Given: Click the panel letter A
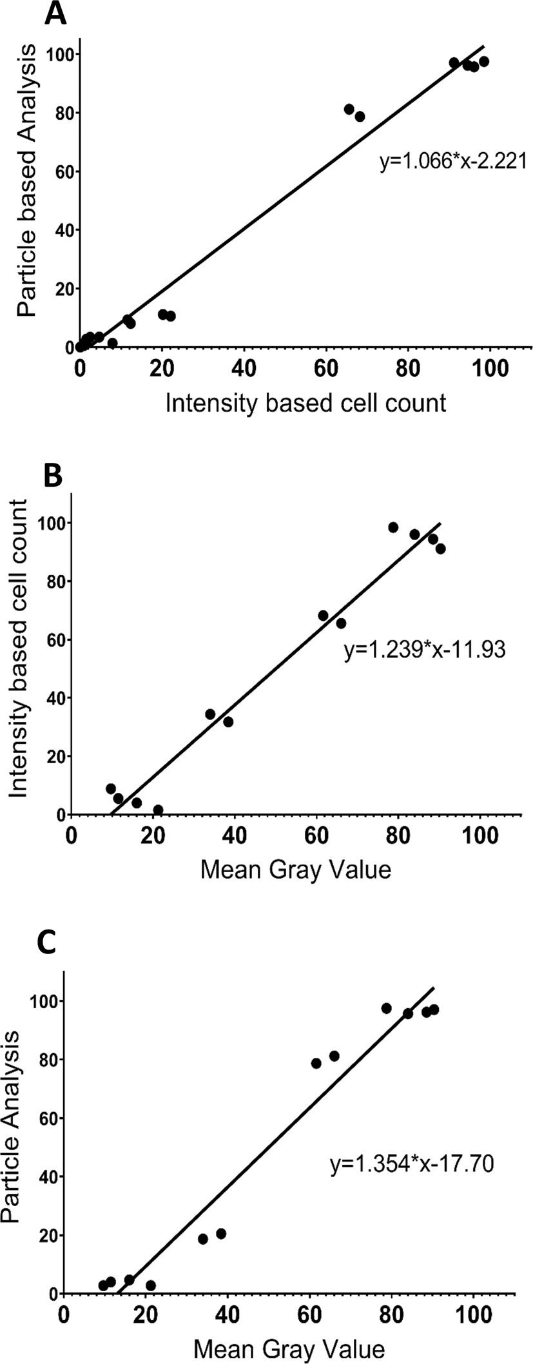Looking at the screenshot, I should (56, 14).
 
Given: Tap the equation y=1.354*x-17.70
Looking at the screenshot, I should (412, 1163).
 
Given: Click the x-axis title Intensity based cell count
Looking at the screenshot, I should (305, 403).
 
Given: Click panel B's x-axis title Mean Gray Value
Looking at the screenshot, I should (296, 870).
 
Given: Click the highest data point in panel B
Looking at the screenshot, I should (393, 527).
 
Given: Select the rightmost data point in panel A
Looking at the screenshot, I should (484, 62).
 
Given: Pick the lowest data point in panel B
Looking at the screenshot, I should (158, 810).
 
